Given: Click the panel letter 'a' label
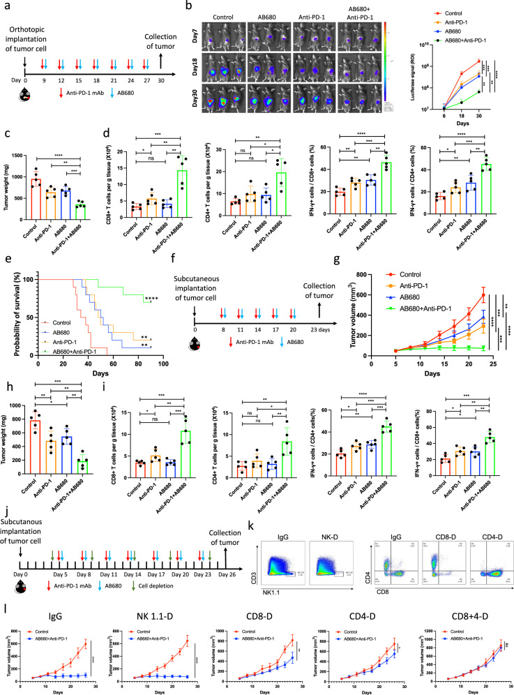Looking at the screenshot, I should click(6, 7).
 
